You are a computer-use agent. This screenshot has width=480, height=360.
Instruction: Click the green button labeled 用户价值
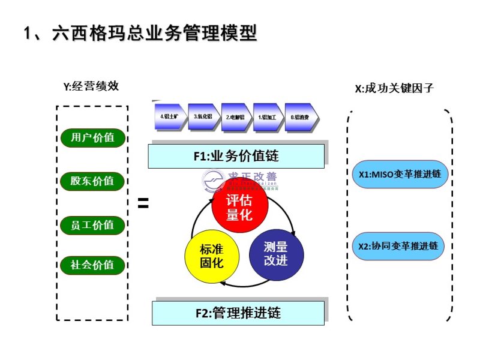pos(92,137)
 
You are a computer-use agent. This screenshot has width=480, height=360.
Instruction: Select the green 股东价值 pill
pos(92,181)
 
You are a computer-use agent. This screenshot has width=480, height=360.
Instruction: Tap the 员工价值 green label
pos(92,226)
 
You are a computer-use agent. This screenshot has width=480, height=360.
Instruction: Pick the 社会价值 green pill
pos(92,265)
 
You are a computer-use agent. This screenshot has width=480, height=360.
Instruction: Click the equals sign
pos(143,204)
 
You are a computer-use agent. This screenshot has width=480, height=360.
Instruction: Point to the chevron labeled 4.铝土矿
pos(170,118)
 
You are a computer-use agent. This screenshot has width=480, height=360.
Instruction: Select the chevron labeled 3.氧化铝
pos(203,118)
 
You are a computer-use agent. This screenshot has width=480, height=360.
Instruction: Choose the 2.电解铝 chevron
pos(236,118)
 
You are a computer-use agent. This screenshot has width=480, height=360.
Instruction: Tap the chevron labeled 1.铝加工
pos(269,118)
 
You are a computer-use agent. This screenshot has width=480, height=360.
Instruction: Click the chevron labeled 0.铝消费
pos(302,118)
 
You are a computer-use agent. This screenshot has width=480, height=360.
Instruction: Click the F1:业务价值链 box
pos(236,156)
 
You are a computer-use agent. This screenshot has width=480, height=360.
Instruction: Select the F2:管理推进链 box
pos(238,313)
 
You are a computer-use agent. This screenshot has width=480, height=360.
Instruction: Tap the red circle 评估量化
pos(239,207)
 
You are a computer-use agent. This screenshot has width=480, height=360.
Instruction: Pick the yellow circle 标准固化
pos(212,256)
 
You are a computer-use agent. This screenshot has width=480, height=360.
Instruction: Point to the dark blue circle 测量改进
pos(275,253)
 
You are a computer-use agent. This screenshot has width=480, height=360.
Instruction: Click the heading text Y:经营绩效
pos(91,86)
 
